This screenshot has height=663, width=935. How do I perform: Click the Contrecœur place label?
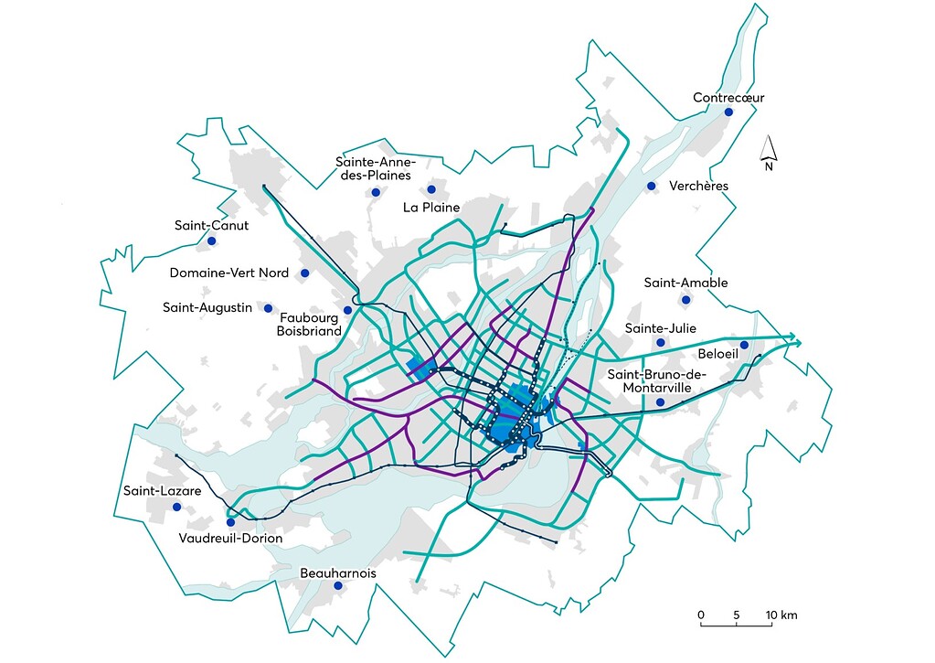pos(728,97)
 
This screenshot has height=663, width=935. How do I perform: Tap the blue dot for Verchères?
pos(652,187)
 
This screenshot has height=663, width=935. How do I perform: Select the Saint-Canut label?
pos(211,225)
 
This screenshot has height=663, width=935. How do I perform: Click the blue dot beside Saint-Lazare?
pos(176,507)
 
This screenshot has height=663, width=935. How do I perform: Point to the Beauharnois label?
pos(337,573)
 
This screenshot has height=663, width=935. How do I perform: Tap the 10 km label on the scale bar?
pos(782,615)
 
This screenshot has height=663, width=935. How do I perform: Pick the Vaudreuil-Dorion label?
pos(230,539)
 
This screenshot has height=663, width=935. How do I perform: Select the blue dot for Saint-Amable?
pos(684,300)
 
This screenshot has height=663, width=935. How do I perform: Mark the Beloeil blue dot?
pos(744,345)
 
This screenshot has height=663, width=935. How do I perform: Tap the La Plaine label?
pos(431,207)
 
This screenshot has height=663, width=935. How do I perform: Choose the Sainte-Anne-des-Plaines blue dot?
pos(375,192)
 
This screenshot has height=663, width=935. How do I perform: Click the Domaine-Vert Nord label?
pos(229,273)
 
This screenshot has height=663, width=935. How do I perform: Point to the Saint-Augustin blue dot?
pos(269,307)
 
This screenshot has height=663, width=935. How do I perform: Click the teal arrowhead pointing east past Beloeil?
pos(798,343)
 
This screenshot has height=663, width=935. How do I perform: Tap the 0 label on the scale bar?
pos(701,615)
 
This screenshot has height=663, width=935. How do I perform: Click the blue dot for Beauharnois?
pos(337,586)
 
